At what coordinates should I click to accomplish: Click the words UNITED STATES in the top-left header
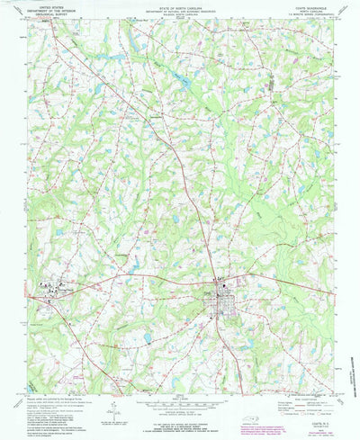(45, 4)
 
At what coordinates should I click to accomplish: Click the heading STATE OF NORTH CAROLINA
(180, 4)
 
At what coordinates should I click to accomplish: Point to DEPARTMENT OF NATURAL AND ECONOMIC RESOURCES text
(180, 8)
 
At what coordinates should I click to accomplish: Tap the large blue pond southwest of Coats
(147, 338)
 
